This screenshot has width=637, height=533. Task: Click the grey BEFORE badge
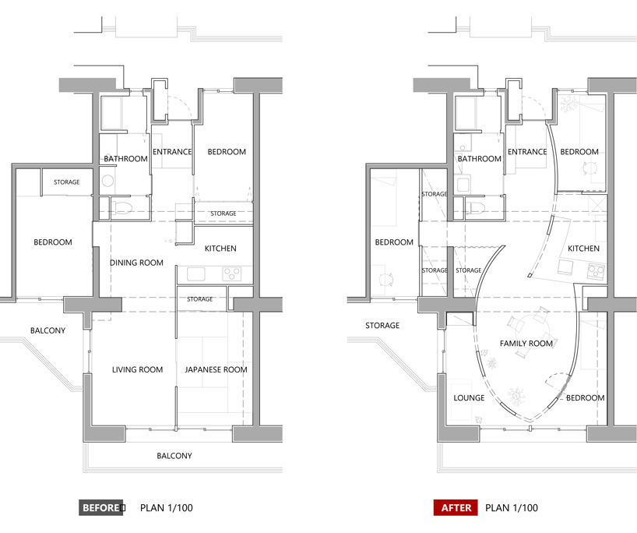[100, 508]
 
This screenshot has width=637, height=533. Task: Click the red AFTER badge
[456, 508]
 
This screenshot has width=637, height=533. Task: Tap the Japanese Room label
[216, 369]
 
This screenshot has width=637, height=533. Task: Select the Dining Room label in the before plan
[136, 263]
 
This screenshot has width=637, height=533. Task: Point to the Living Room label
[137, 369]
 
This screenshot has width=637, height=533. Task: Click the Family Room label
[526, 344]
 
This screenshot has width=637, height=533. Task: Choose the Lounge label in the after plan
[469, 397]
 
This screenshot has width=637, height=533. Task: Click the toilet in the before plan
[122, 208]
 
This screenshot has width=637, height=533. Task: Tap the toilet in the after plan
[476, 208]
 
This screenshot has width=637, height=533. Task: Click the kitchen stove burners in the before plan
[231, 274]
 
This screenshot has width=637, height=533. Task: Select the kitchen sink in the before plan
[195, 274]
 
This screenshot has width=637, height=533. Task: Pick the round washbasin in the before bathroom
[107, 181]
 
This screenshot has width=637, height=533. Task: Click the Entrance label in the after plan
[527, 152]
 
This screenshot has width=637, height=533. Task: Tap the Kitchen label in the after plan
[583, 249]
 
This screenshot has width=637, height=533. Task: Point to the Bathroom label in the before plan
[125, 158]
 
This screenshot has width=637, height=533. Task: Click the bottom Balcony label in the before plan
[174, 456]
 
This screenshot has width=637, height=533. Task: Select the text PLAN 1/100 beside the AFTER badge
[512, 508]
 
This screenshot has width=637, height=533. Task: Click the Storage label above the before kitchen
[223, 214]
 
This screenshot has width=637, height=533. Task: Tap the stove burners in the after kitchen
[596, 270]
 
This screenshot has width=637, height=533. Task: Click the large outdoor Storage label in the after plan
[382, 325]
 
